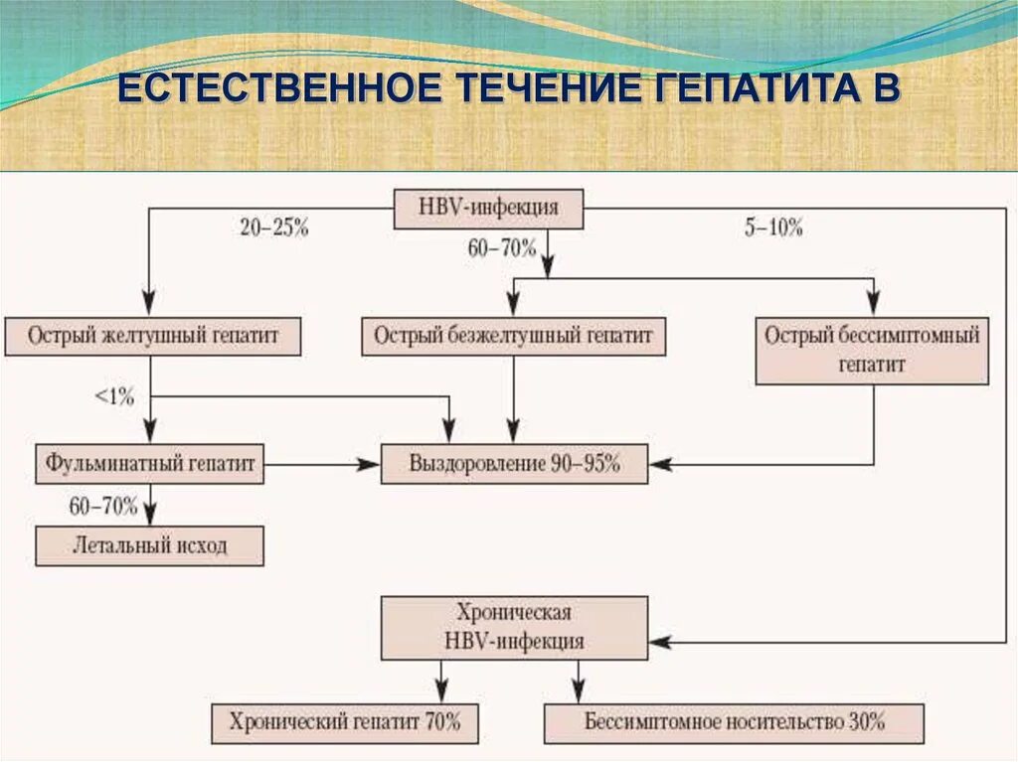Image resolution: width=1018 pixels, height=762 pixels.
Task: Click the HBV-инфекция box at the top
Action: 488,209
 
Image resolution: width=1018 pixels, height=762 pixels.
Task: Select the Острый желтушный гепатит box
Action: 153,336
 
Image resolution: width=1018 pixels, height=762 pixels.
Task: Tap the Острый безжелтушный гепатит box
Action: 513,336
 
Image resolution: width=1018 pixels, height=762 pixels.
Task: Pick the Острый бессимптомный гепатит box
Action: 872,350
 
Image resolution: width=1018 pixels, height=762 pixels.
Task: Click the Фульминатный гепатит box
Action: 150,463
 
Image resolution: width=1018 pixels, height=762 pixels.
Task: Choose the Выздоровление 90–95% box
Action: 514,463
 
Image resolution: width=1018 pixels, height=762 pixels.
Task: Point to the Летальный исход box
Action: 150,545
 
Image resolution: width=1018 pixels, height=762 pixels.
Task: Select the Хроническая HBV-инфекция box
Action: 514,626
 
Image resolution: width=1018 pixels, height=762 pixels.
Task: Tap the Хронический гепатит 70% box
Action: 345,722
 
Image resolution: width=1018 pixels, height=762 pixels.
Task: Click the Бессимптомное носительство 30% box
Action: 734,722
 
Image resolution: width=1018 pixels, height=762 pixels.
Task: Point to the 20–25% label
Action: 274,228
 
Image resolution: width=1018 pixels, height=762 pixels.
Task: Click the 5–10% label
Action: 773,228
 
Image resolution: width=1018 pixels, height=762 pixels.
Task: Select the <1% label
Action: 114,396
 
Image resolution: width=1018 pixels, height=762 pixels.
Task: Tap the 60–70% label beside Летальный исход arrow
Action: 103,506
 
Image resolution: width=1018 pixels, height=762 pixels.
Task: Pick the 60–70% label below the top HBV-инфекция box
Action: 501,248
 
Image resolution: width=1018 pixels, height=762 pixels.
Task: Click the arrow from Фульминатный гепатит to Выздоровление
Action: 323,463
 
